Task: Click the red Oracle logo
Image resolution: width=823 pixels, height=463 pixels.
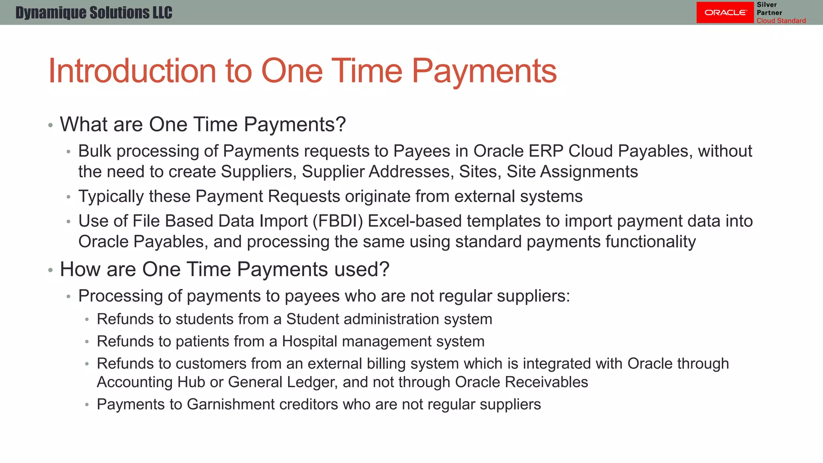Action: [x=725, y=12]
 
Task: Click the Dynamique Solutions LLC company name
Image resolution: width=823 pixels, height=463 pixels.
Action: [x=94, y=13]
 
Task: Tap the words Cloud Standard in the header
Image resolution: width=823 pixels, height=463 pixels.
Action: [x=781, y=21]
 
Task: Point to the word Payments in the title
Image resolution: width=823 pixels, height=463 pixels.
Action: [x=484, y=71]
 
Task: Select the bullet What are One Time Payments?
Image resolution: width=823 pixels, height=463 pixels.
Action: [x=203, y=124]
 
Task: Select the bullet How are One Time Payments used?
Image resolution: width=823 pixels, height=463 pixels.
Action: [x=224, y=269]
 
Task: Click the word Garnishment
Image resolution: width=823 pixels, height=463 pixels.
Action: [x=231, y=404]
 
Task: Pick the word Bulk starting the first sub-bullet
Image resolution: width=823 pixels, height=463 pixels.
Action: [x=95, y=151]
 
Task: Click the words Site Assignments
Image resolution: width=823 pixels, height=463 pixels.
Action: [x=572, y=172]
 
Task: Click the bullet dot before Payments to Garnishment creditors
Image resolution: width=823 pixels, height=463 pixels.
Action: [x=87, y=405]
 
